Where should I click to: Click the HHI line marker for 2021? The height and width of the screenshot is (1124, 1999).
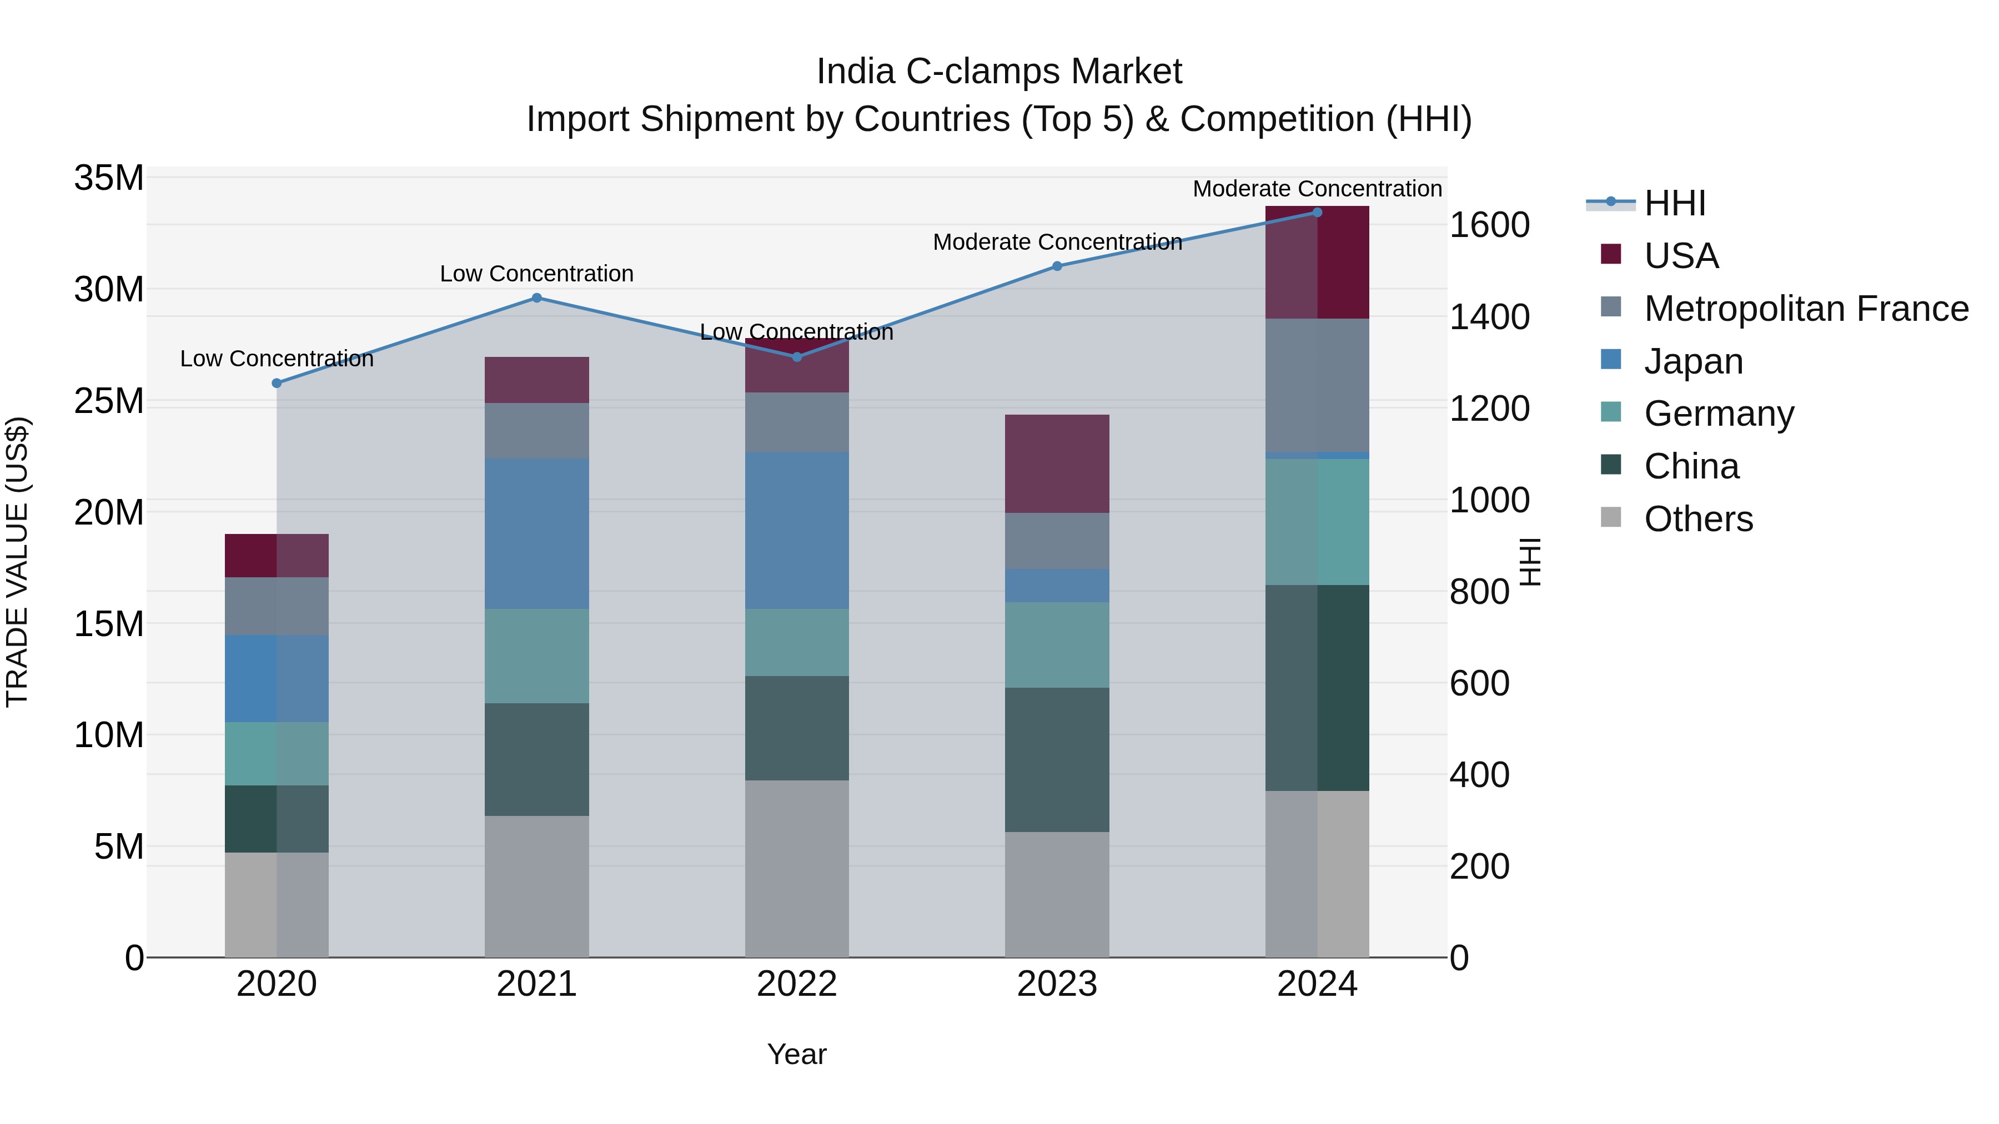[x=536, y=298]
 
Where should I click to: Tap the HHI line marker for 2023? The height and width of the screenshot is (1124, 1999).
[x=1057, y=266]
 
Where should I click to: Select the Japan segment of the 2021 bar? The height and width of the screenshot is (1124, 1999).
[x=536, y=533]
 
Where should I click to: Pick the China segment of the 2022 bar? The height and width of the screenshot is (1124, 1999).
[x=796, y=728]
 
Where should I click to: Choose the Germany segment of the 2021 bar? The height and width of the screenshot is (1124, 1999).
[x=536, y=656]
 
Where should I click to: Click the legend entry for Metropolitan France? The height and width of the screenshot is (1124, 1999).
[x=1805, y=308]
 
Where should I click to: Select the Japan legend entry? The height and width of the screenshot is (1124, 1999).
[x=1692, y=361]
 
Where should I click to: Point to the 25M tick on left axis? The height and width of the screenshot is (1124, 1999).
[x=109, y=401]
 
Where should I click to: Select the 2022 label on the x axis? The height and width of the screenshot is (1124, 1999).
[x=796, y=984]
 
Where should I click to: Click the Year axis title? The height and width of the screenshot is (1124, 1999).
[x=796, y=1054]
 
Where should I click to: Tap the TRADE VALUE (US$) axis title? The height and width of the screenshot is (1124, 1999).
[x=17, y=562]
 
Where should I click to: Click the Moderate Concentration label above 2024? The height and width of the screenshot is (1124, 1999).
[x=1317, y=189]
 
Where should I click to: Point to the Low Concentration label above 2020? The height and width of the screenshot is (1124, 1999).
[x=277, y=359]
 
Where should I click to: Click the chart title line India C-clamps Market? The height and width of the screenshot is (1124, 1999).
[x=999, y=72]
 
